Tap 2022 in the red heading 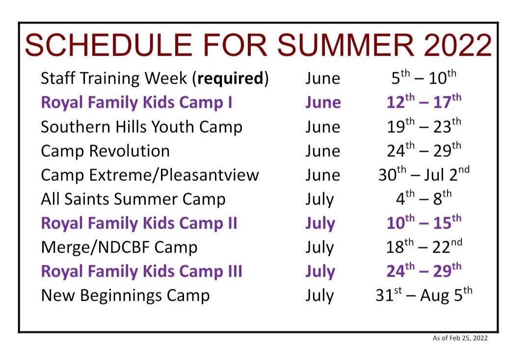point(458,45)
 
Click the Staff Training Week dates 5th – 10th point(424,77)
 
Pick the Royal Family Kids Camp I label point(136,103)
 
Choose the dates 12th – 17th point(424,101)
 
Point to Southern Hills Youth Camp point(142,127)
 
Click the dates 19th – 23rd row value point(424,126)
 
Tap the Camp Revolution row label point(105,151)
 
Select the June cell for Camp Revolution point(323,151)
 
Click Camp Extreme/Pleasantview point(150,175)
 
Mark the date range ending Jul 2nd point(424,174)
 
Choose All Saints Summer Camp point(133,199)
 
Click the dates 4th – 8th point(424,198)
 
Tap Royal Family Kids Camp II point(139,223)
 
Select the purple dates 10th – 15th point(424,222)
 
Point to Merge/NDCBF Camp point(119,248)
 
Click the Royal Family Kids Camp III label point(142,272)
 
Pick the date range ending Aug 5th point(424,295)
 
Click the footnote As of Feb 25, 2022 point(460,338)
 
